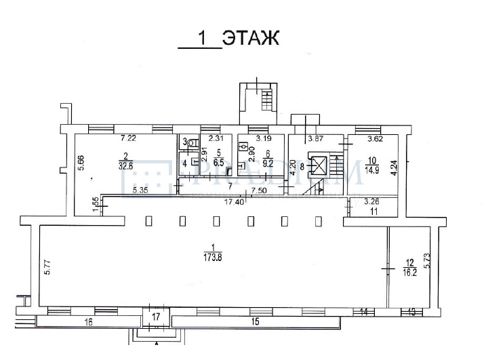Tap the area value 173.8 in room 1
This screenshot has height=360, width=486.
tap(214, 258)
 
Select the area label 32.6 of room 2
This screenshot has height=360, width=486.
tap(125, 164)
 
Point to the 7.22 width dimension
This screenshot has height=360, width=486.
tap(128, 139)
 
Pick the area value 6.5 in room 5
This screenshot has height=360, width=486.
tap(218, 163)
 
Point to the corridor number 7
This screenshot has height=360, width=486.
tap(229, 186)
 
